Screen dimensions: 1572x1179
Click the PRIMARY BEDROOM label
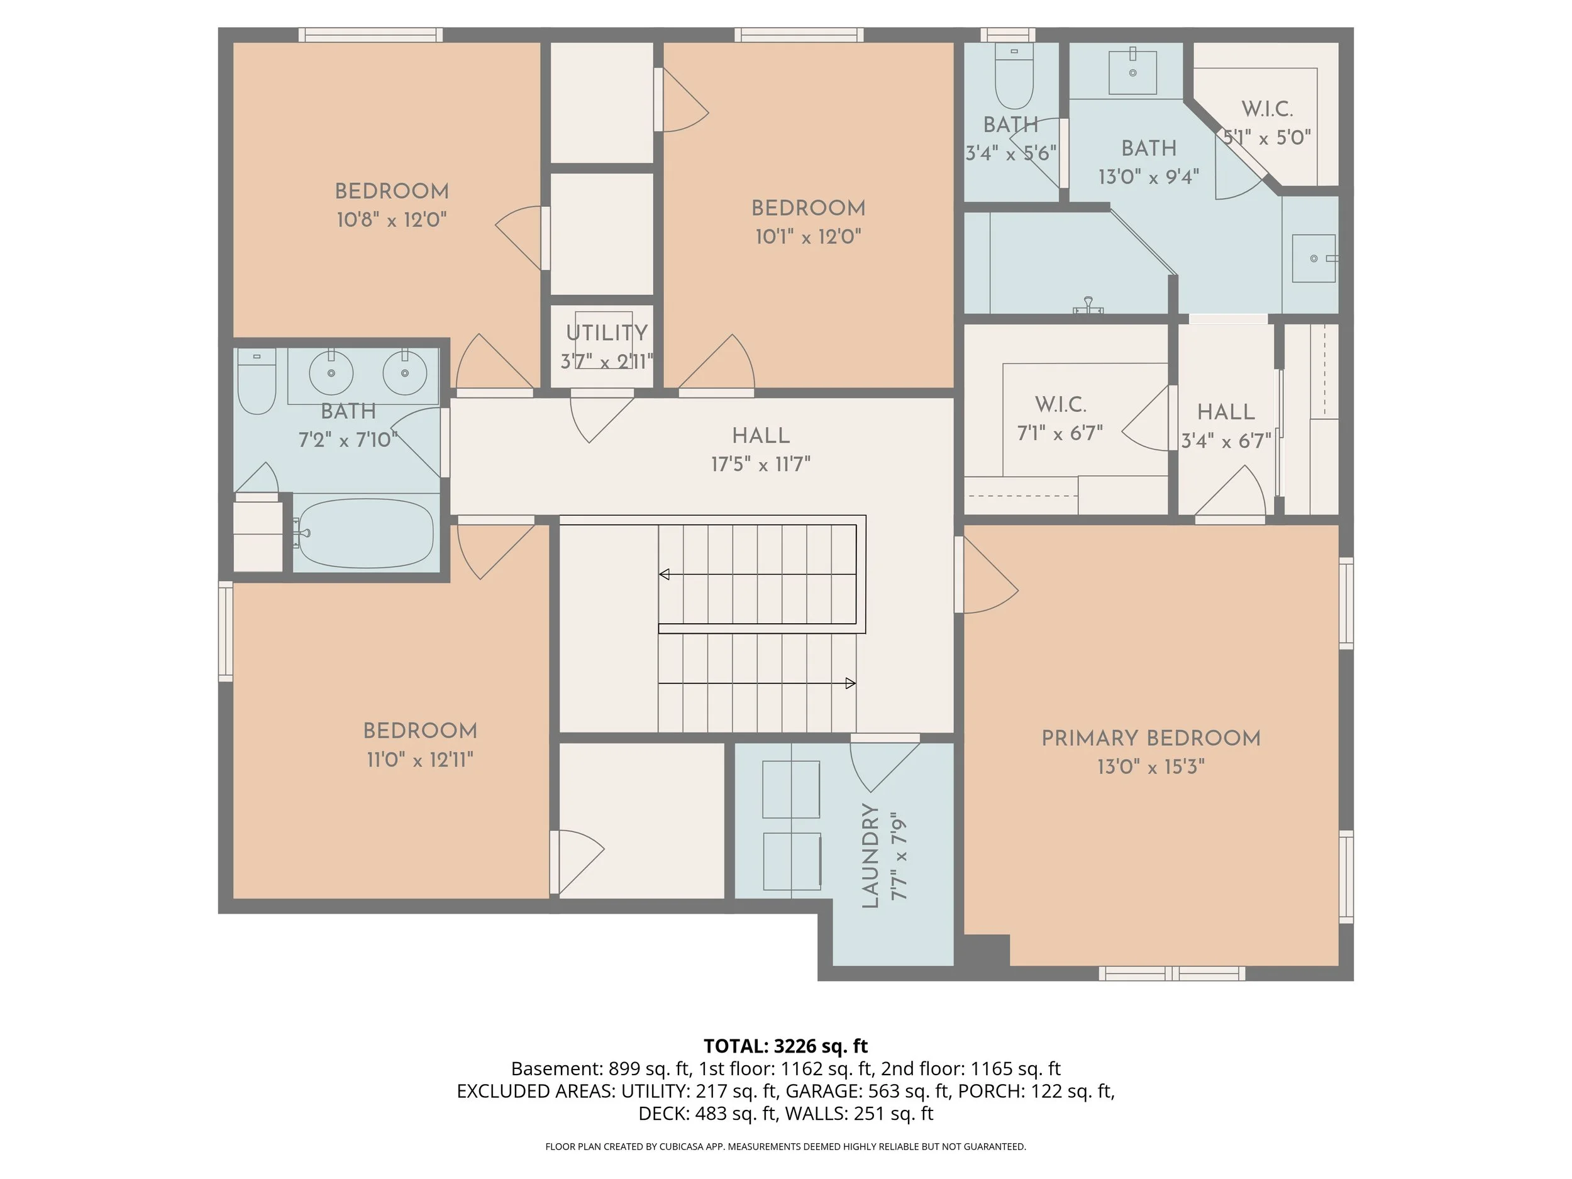[1151, 738]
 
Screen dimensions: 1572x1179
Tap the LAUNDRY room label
[870, 856]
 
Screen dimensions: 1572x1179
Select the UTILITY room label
[607, 333]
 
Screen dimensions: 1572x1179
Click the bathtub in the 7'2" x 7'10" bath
[365, 533]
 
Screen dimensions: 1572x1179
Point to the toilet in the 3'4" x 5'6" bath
[1014, 75]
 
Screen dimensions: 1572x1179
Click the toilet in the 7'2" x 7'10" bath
[257, 380]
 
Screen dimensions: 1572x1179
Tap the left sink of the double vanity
[331, 372]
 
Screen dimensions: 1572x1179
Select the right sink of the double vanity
[405, 372]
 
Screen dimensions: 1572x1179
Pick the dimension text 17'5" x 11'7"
[760, 465]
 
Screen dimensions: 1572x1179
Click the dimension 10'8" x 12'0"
[392, 219]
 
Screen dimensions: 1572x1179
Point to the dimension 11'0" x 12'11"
[419, 760]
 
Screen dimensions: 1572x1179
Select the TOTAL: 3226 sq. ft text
[785, 1046]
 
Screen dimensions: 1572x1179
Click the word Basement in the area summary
[556, 1069]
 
